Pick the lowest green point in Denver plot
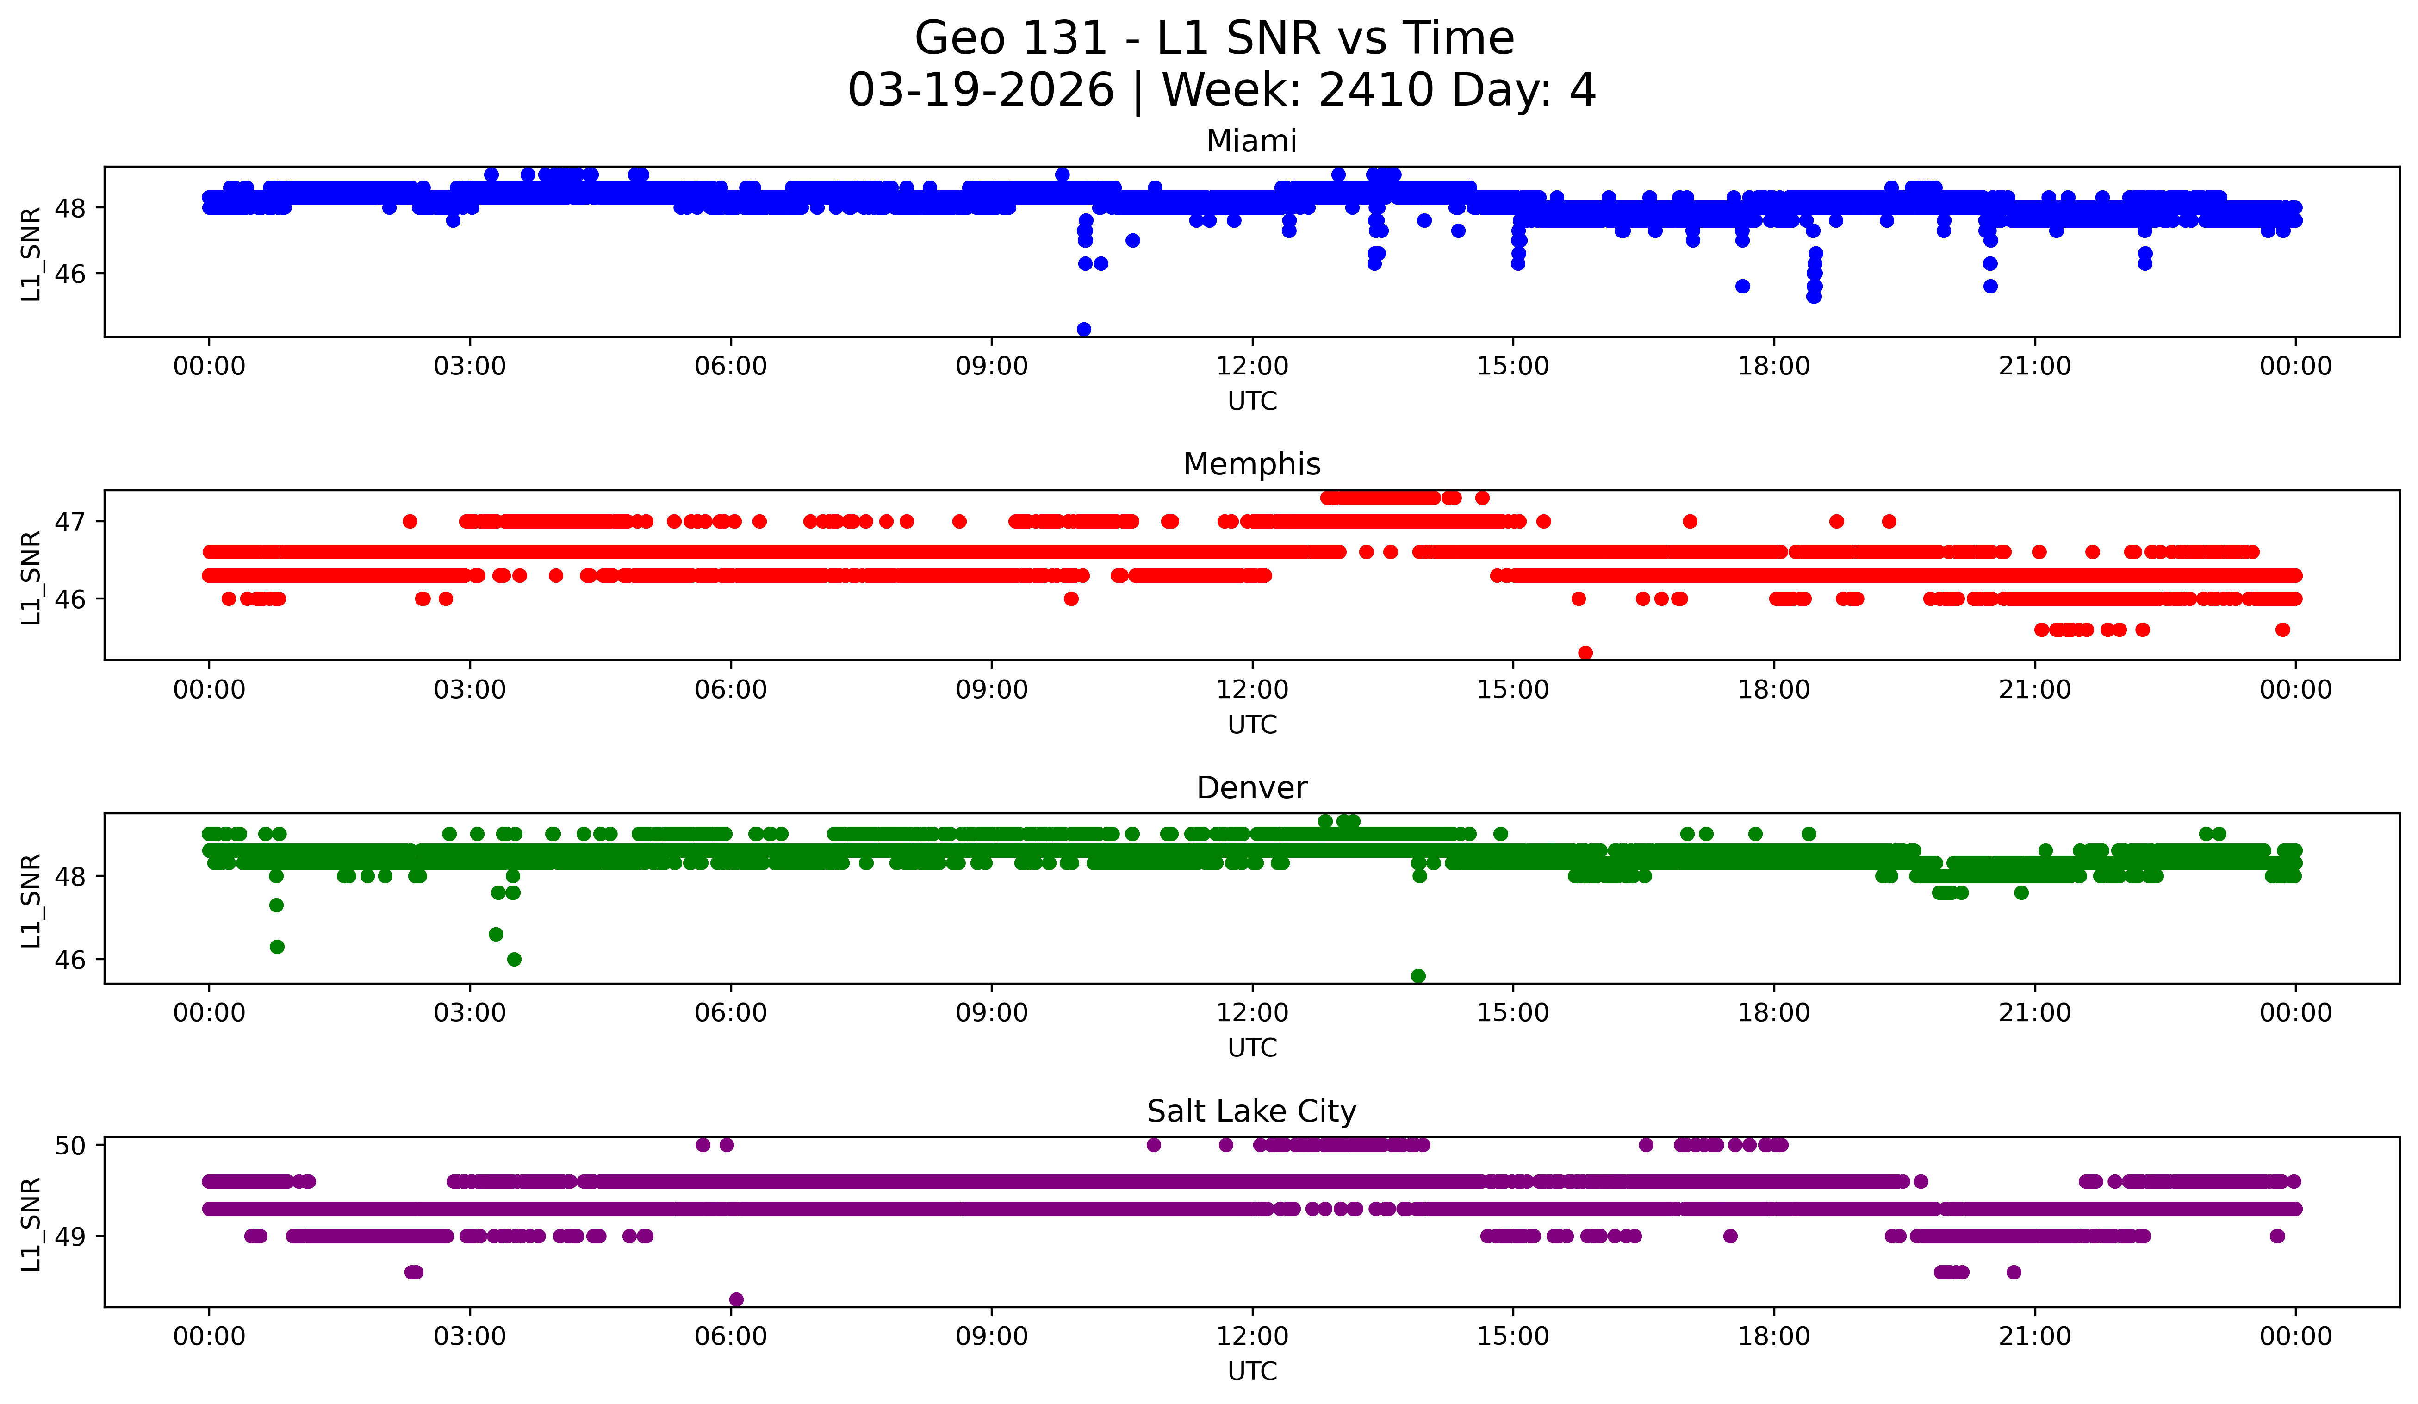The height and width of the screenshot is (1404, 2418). (x=1418, y=976)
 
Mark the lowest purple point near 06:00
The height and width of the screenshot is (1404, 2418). (x=736, y=1299)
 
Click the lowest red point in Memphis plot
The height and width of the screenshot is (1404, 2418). (x=1585, y=653)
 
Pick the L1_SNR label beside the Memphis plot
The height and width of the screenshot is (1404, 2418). (x=31, y=578)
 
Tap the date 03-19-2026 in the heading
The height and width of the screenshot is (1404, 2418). (x=981, y=90)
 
